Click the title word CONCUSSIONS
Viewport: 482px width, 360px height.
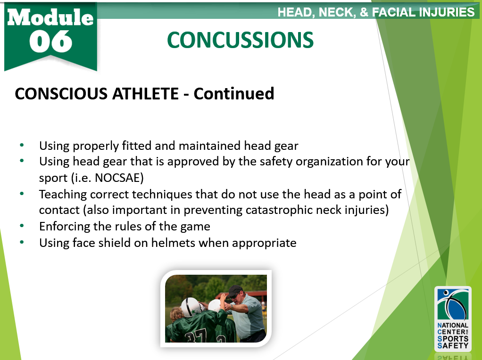pyautogui.click(x=240, y=40)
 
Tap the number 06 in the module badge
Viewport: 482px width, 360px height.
pyautogui.click(x=51, y=41)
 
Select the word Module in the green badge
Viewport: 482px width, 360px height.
pyautogui.click(x=50, y=17)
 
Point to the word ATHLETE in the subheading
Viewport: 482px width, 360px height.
pyautogui.click(x=145, y=93)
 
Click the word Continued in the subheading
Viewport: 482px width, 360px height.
pyautogui.click(x=233, y=93)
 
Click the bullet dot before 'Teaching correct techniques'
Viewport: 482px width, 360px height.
pyautogui.click(x=22, y=194)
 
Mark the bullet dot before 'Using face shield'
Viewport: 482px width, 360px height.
pyautogui.click(x=22, y=242)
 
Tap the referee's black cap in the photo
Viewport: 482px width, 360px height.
pyautogui.click(x=234, y=290)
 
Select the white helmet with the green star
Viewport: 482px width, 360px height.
pyautogui.click(x=191, y=307)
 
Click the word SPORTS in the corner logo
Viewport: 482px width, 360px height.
pyautogui.click(x=453, y=339)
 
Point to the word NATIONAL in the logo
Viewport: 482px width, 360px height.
pyautogui.click(x=453, y=325)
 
